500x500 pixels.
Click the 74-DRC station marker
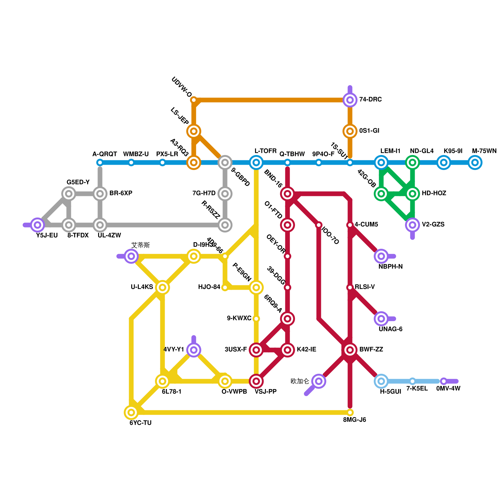350,100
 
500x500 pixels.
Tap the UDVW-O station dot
194,100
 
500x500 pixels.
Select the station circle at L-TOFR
256,162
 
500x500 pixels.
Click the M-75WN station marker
475,162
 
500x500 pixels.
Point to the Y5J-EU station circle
37,225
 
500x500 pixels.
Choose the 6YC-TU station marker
131,412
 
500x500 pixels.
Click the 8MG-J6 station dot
350,412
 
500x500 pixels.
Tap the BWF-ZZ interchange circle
350,350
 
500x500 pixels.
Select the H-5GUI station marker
381,381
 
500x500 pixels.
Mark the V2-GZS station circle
412,225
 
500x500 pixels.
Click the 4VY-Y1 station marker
194,350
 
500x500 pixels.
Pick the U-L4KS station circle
162,287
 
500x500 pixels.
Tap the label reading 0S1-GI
369,131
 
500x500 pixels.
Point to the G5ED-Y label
78,182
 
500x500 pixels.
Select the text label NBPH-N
390,267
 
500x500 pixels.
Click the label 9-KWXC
239,318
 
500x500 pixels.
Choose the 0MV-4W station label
448,389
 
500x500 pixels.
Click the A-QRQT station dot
100,162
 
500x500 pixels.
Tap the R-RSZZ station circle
225,225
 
